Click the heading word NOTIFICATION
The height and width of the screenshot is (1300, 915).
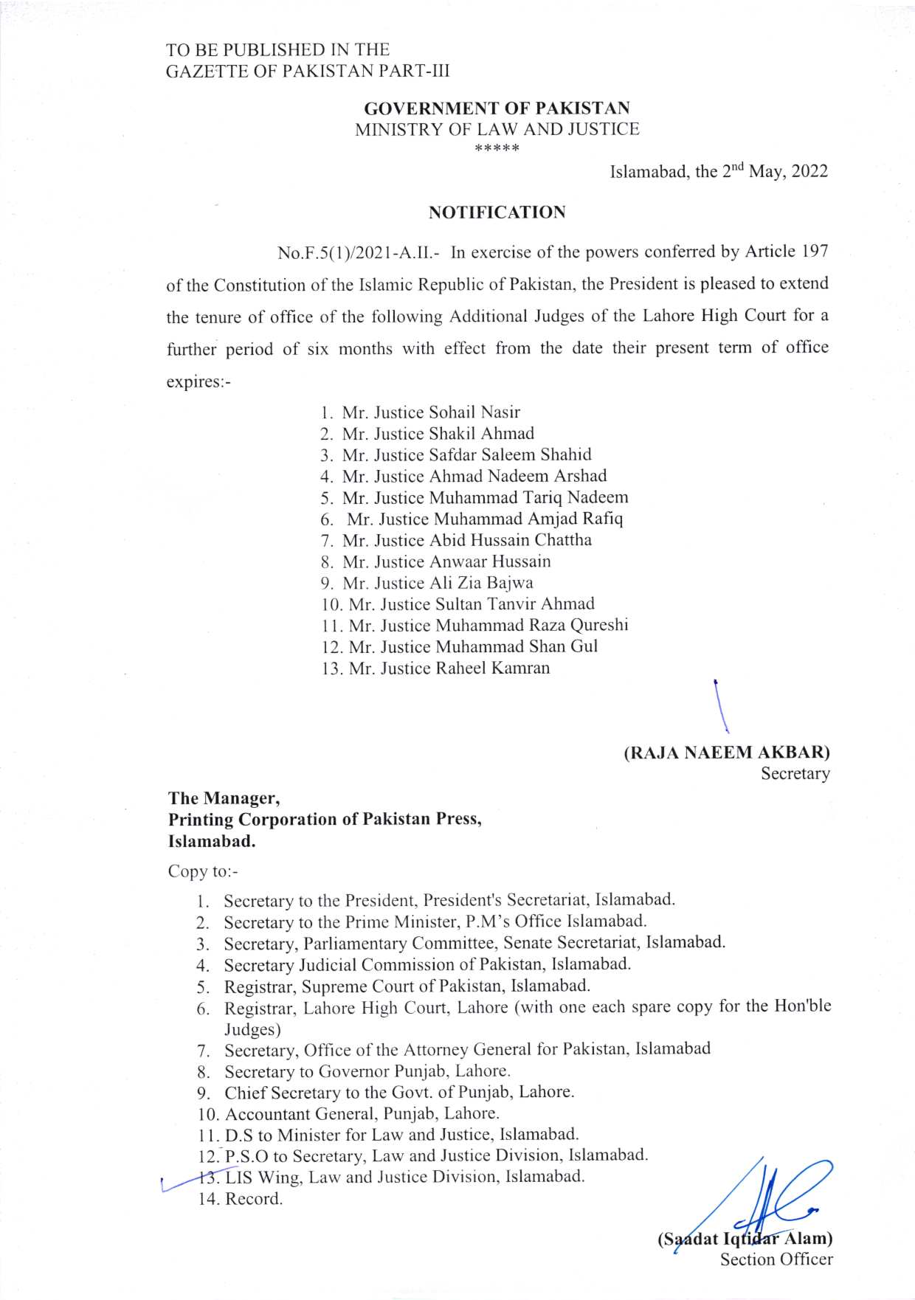[x=497, y=212]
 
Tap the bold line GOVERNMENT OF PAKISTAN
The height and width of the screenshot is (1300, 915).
[x=497, y=108]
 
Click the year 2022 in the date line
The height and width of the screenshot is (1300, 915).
[x=809, y=172]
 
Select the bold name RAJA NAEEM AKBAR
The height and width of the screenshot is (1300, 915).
[x=727, y=753]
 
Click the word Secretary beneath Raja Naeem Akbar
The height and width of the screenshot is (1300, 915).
[x=795, y=774]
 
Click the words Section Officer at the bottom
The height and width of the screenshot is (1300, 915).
[x=776, y=1259]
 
